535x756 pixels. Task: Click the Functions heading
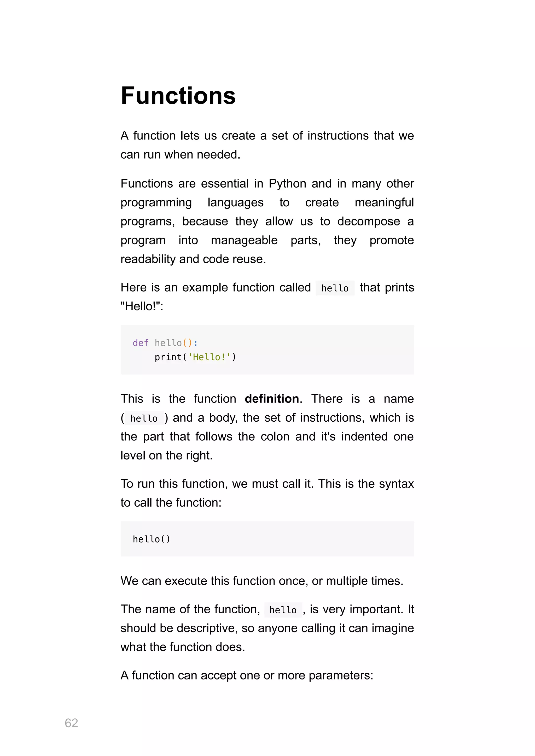(x=178, y=96)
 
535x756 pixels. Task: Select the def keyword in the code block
(x=140, y=343)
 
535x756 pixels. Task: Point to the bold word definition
(x=272, y=399)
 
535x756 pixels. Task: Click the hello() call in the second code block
(x=151, y=539)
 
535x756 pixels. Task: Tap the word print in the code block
(x=168, y=357)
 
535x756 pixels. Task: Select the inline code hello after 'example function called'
(x=335, y=288)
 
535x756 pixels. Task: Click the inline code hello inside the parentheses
(x=144, y=418)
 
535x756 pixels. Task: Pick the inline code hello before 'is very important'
(x=283, y=610)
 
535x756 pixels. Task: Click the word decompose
(x=369, y=221)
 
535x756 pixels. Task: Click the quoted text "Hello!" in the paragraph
(x=142, y=306)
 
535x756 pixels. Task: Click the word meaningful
(x=384, y=202)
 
